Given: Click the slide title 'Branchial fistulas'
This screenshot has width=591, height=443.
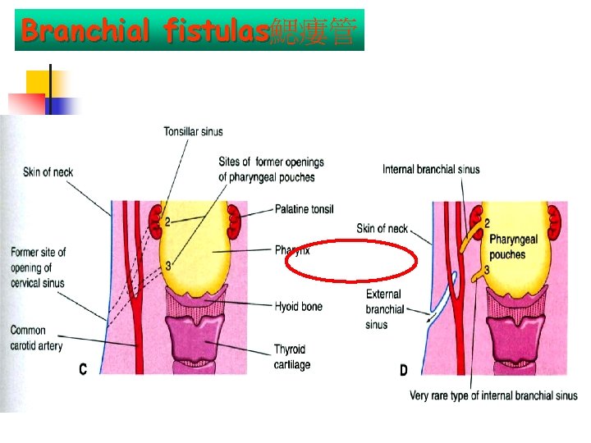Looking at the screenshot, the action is point(146,32).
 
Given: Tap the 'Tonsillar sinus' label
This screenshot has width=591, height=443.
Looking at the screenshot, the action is point(193,131).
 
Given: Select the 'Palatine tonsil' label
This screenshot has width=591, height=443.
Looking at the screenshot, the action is point(305,209).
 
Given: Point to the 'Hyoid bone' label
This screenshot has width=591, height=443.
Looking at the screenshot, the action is point(299,306).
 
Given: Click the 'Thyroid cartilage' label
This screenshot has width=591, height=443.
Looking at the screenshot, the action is point(292,358).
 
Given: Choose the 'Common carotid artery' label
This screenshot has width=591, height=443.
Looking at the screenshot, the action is point(36,338).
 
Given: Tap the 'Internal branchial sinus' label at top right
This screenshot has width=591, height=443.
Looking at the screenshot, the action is point(431,170).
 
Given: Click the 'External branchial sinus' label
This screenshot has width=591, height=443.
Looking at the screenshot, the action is point(384,309).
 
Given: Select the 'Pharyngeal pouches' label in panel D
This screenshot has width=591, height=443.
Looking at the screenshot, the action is point(513,247).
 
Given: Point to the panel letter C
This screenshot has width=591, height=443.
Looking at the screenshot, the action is point(82,370).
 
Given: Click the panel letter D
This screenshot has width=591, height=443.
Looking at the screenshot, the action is point(403,370).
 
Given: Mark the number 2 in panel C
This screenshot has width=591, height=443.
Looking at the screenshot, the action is point(167,221).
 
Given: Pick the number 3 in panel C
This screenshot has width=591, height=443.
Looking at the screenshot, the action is point(167,265).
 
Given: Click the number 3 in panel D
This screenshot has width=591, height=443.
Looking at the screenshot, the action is point(487,269).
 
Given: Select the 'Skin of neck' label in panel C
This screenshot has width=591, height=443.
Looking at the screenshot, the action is point(48,171).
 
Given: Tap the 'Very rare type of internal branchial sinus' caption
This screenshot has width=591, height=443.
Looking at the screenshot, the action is point(493,395).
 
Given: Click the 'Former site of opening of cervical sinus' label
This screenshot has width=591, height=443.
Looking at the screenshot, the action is point(38,267).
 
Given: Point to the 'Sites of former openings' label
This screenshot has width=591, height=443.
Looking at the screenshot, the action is point(271,169).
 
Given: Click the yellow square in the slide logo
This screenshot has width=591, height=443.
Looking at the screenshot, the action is point(38,81).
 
